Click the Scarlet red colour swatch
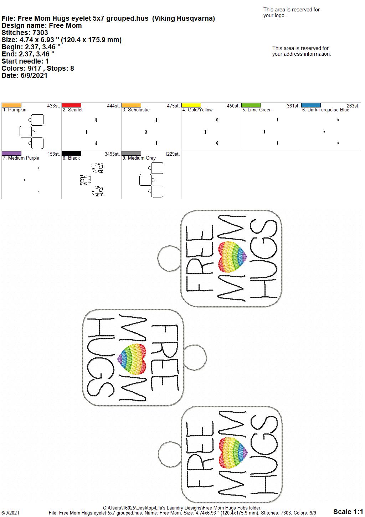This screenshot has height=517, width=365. (x=71, y=105)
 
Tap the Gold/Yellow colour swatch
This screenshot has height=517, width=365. (x=191, y=105)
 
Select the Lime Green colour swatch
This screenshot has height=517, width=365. (x=251, y=105)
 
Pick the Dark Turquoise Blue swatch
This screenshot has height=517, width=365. (x=311, y=105)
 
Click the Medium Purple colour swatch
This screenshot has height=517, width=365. (x=11, y=153)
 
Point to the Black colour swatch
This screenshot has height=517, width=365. (x=71, y=153)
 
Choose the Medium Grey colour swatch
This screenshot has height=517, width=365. (x=131, y=153)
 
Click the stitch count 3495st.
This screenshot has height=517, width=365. (x=112, y=154)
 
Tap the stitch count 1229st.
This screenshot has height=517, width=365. (x=172, y=154)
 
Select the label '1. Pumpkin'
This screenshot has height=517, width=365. (x=15, y=110)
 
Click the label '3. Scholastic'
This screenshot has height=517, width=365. (x=136, y=110)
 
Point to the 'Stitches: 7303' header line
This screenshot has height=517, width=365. (x=25, y=32)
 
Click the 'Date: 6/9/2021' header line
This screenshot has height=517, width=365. (x=25, y=75)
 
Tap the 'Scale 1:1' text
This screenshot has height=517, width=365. (x=348, y=512)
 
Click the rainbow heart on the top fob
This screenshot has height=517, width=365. (x=232, y=257)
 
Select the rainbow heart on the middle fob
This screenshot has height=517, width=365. (x=132, y=359)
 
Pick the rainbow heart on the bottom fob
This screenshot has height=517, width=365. (x=233, y=453)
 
